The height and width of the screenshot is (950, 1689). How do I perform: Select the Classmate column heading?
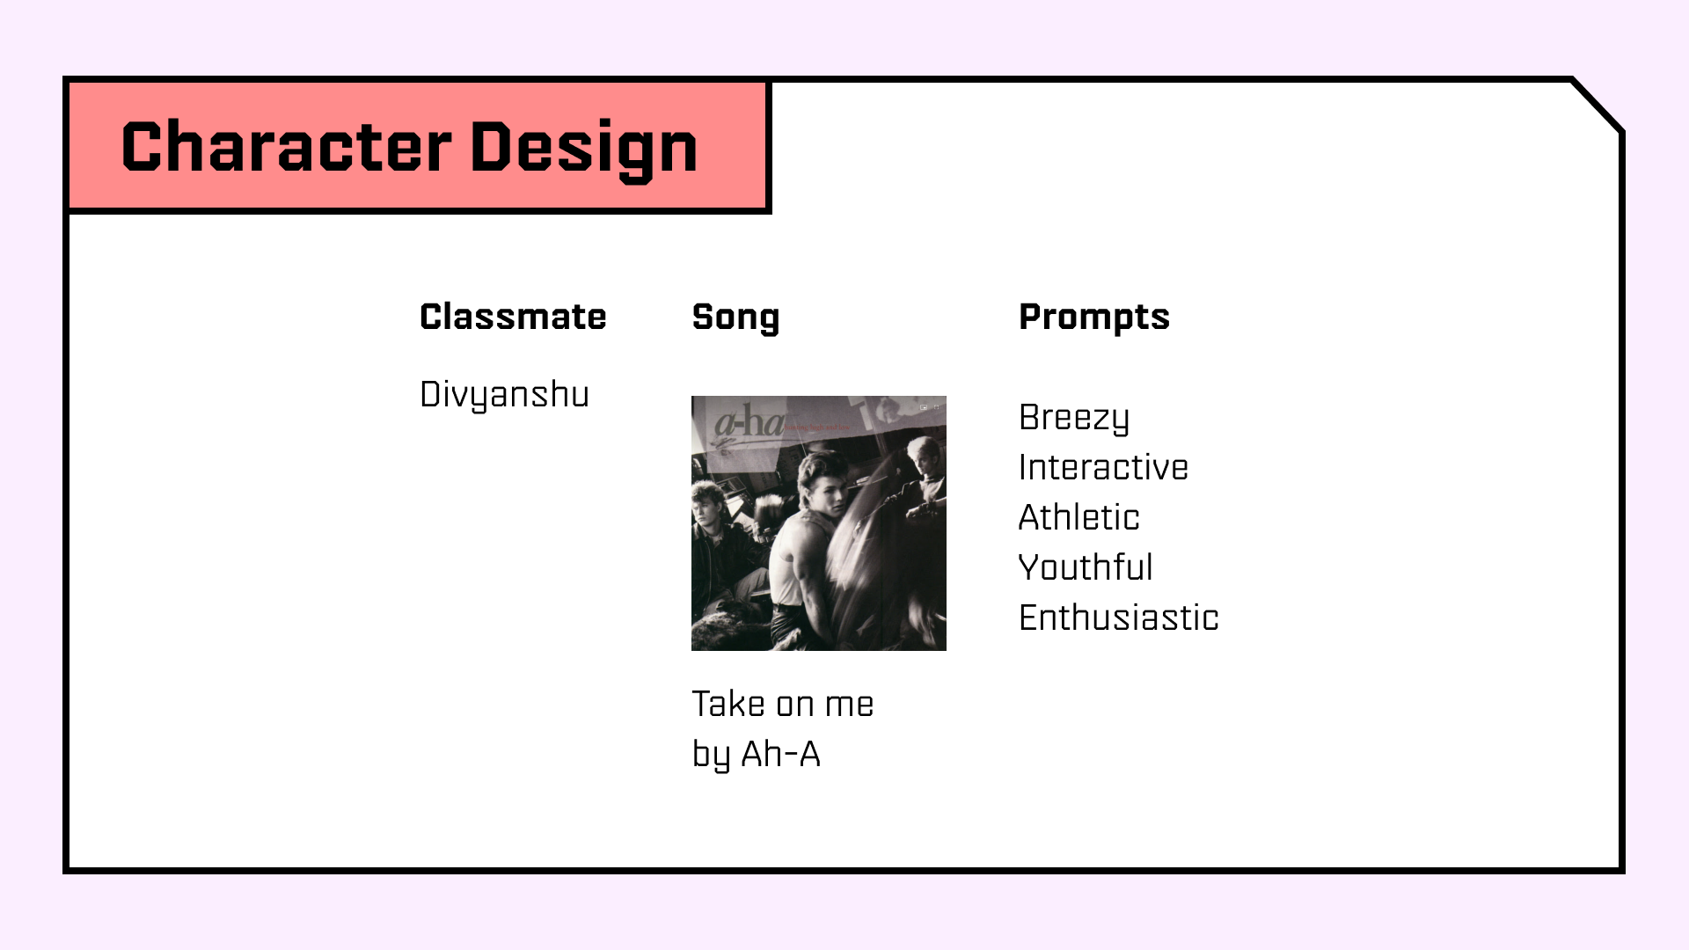[x=513, y=317]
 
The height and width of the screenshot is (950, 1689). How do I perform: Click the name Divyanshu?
[x=504, y=396]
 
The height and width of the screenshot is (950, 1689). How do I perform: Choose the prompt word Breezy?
[x=1074, y=419]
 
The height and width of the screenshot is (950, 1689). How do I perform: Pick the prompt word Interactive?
[x=1103, y=467]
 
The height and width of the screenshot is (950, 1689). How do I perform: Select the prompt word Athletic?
[x=1078, y=517]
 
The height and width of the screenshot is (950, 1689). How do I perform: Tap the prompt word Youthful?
[x=1086, y=567]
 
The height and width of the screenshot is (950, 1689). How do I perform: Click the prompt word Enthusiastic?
[x=1119, y=617]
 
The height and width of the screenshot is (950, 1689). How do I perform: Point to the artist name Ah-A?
[x=780, y=754]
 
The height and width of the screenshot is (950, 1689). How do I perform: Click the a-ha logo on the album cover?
[x=748, y=424]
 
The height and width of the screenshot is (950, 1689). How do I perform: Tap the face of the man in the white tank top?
[x=822, y=488]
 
